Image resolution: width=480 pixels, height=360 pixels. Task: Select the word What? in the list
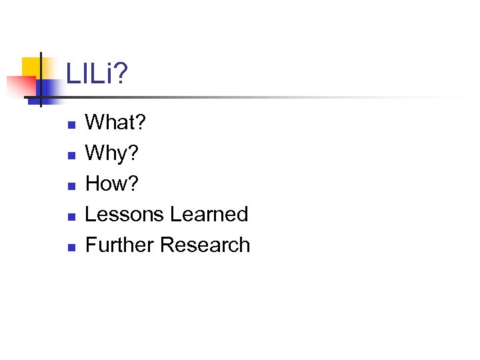click(116, 122)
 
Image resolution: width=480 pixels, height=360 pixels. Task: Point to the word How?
click(113, 183)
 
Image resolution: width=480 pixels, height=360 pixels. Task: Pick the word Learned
click(209, 214)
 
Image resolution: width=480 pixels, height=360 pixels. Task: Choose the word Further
click(120, 245)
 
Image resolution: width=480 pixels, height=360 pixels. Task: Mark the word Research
click(205, 245)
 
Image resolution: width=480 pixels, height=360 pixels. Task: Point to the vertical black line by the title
click(41, 80)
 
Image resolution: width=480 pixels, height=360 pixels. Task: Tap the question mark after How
click(133, 183)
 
